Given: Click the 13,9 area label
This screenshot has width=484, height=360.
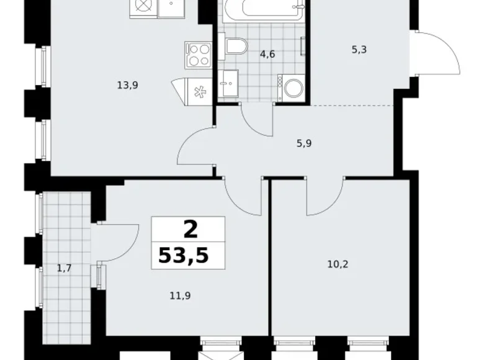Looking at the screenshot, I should (127, 86).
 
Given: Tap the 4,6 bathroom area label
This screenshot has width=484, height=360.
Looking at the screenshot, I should (267, 54).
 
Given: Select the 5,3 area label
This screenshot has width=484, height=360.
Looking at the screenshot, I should (359, 50).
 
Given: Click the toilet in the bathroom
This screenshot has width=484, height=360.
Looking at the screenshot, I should (236, 47).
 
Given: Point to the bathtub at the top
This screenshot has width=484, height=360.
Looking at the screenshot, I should (264, 11).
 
